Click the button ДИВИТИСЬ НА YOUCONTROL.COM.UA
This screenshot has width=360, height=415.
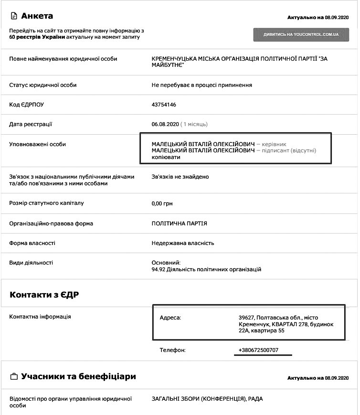[301, 35]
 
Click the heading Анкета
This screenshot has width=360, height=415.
[37, 16]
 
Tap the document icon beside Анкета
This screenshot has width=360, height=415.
[14, 16]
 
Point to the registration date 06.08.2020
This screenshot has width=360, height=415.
[165, 124]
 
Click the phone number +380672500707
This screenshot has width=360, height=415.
[258, 350]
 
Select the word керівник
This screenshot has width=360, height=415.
[275, 144]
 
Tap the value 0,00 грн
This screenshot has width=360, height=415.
[162, 203]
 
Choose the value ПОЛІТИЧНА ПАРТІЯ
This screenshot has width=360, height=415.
[179, 223]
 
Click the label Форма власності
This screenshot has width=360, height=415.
[32, 243]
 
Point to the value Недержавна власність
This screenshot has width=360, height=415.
[182, 243]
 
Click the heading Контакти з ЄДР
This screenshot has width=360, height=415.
[44, 295]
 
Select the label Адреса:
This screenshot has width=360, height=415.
[170, 318]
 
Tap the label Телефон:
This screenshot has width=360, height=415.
[172, 350]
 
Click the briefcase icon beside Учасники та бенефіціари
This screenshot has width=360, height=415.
[14, 376]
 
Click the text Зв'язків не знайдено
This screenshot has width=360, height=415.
[180, 177]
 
